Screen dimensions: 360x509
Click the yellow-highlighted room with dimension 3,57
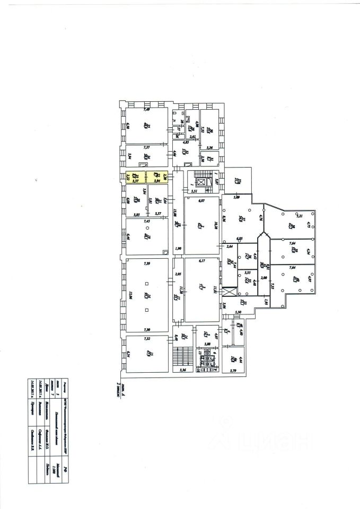(x=136, y=176)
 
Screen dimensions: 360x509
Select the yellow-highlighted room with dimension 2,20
(x=158, y=176)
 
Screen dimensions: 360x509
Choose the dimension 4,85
(x=186, y=142)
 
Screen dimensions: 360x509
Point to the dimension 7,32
(x=147, y=338)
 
